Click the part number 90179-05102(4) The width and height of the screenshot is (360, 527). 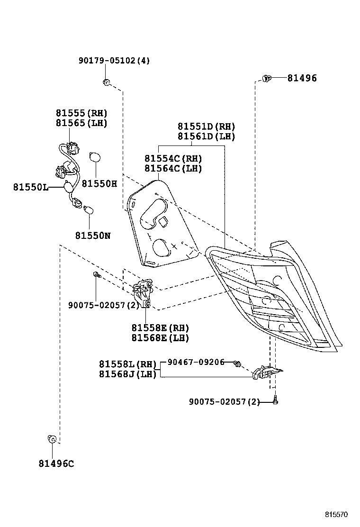(x=114, y=61)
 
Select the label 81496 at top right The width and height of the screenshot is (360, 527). (x=302, y=78)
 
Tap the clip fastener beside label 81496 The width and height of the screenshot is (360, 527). (x=266, y=78)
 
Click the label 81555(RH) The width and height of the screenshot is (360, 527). (x=81, y=113)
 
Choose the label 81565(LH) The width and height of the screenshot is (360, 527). (x=81, y=123)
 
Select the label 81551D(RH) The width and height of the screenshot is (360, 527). (x=206, y=127)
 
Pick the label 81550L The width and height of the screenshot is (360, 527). (x=30, y=188)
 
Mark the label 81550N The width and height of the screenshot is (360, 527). (x=92, y=235)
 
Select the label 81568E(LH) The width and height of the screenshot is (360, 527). (x=160, y=338)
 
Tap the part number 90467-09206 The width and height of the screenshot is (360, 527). (x=198, y=362)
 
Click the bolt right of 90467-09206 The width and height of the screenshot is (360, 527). (x=237, y=363)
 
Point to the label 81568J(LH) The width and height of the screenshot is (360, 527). (x=127, y=374)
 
